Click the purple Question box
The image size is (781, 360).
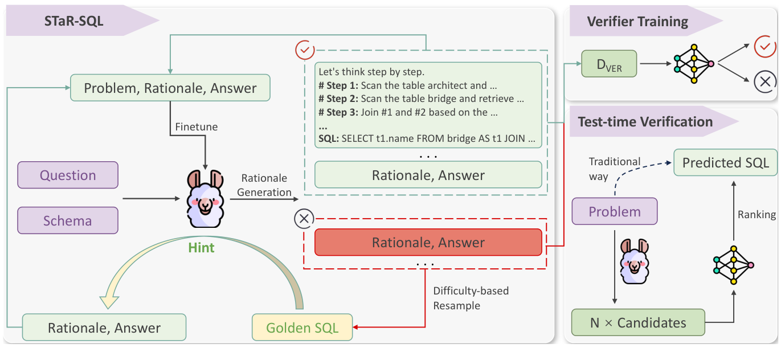(68, 175)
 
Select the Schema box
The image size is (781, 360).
(68, 220)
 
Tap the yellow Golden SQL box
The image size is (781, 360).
(302, 328)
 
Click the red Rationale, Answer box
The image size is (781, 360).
(428, 243)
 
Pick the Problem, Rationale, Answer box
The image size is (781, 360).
(170, 88)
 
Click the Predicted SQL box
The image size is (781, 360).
(725, 163)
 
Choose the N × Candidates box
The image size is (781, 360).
(638, 323)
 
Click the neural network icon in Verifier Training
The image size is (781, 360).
(693, 63)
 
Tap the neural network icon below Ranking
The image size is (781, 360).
(733, 265)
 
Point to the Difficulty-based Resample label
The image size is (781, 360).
(471, 298)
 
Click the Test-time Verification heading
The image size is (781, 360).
(645, 122)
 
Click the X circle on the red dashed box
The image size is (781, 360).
(304, 218)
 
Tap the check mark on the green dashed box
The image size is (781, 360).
(305, 51)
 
